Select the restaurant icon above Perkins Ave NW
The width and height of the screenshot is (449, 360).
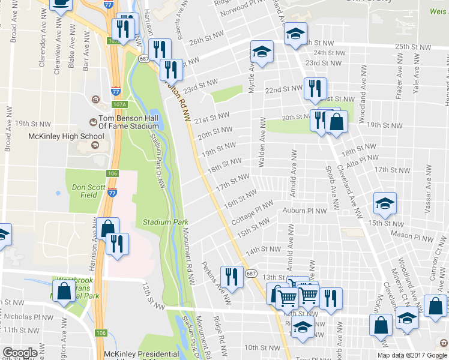point(229,277)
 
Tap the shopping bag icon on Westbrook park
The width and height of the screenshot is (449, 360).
point(64,292)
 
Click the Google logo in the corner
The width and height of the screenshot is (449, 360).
point(20,353)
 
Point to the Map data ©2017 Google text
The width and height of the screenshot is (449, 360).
point(412,355)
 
